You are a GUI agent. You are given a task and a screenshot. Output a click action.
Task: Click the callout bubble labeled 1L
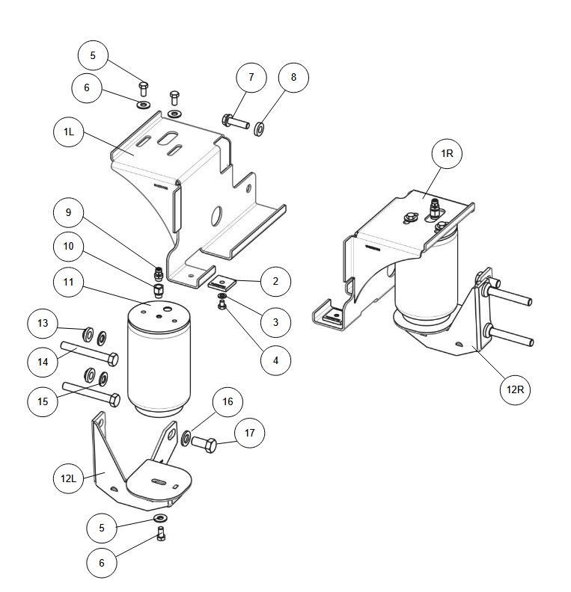coord(69,132)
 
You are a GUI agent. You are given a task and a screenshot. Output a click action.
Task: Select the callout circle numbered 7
coord(251,78)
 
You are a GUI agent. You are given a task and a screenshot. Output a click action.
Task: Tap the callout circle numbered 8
coord(293,78)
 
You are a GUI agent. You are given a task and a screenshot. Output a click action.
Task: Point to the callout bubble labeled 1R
coord(447,153)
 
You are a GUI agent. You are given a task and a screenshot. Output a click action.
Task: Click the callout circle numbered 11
coord(69,283)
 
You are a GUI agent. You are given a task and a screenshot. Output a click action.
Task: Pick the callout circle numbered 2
coord(275,281)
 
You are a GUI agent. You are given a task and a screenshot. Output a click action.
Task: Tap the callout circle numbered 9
coord(69,213)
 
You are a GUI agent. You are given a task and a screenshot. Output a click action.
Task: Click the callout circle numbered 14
coord(43,361)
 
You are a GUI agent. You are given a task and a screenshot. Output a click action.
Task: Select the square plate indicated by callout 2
coord(222,283)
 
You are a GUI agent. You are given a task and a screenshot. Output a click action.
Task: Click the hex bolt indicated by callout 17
coord(207,443)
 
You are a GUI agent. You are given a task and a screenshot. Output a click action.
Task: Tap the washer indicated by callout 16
coord(185,438)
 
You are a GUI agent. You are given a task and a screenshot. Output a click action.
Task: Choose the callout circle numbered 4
coord(275,359)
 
